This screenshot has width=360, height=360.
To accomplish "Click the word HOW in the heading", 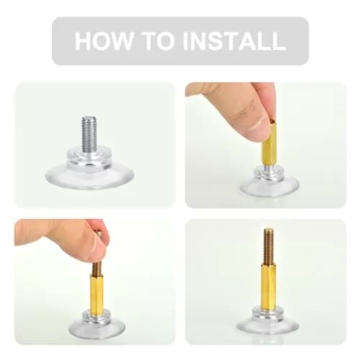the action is (x=104, y=40).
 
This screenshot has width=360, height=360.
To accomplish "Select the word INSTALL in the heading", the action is (x=234, y=40).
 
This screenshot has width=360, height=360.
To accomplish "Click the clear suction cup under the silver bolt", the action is (x=89, y=177).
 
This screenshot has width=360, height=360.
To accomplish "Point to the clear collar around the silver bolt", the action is (x=89, y=158).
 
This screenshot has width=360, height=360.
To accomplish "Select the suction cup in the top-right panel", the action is (x=269, y=185).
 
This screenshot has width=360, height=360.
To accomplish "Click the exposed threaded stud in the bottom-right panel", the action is (x=268, y=246).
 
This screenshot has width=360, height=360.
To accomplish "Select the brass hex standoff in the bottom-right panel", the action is (x=268, y=286).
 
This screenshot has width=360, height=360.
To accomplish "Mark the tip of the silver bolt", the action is (x=89, y=117).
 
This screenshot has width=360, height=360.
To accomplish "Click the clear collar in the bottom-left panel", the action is (x=96, y=317).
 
